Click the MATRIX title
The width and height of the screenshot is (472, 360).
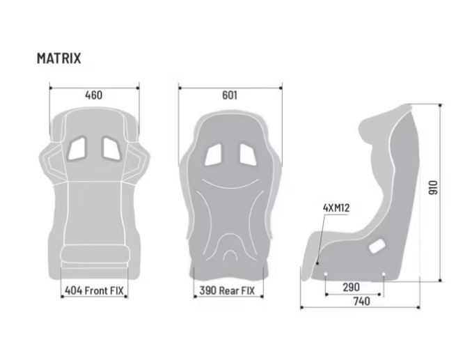58,58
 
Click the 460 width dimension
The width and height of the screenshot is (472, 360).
93,95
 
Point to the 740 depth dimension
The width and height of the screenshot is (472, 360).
361,302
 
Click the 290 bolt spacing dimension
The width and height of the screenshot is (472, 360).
351,287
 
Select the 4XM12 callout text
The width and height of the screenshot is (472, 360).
336,208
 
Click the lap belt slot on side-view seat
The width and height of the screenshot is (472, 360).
377,245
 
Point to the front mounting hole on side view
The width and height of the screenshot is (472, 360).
319,265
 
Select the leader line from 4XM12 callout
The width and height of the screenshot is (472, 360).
322,237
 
